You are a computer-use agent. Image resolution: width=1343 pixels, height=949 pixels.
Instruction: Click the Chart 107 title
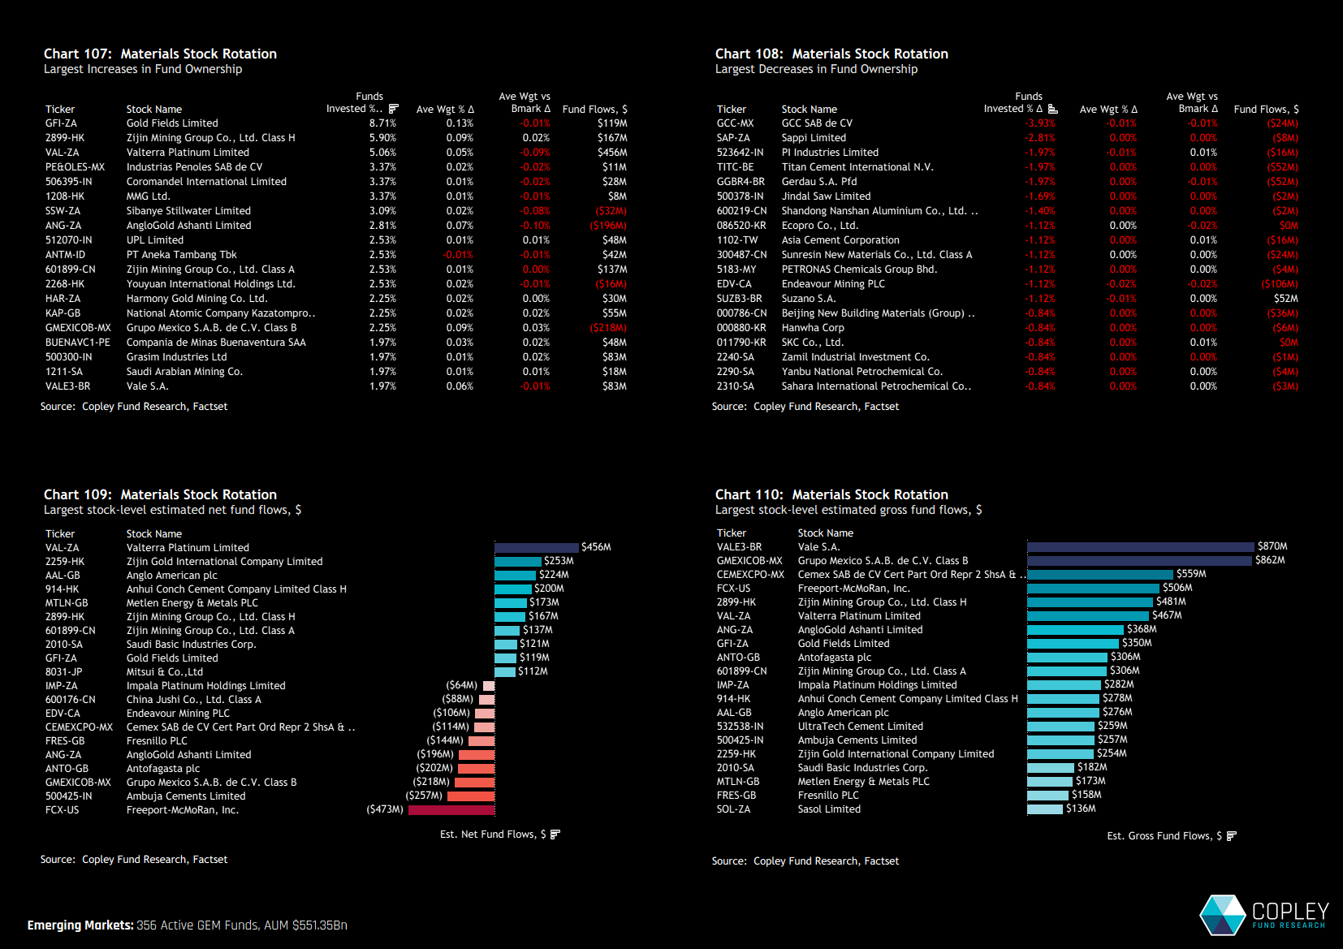click(160, 54)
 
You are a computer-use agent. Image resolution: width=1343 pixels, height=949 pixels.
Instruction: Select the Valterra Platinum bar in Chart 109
click(536, 548)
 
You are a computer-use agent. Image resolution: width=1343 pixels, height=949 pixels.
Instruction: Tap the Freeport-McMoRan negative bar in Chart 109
click(451, 809)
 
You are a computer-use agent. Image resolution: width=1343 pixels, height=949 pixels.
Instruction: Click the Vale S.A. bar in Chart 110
click(1140, 547)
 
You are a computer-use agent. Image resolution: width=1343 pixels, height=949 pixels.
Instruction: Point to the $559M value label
click(1191, 574)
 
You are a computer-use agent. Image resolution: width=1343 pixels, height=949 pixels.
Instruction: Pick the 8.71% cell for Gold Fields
click(382, 123)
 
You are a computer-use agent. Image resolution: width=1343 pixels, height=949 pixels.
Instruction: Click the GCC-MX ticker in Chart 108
click(735, 123)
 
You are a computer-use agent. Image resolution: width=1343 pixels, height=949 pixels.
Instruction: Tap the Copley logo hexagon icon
click(1222, 915)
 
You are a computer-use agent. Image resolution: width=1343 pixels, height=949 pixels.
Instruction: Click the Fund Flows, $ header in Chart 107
click(594, 109)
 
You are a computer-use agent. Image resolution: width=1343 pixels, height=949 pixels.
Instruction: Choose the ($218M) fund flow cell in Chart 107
click(608, 328)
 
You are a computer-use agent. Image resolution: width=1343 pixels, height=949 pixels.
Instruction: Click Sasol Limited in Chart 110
click(829, 809)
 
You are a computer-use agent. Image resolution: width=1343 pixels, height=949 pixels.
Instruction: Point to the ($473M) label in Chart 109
click(385, 809)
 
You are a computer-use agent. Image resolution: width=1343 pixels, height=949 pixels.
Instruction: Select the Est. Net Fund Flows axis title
click(493, 835)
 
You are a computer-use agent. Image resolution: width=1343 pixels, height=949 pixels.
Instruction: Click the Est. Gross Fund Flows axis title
click(1164, 836)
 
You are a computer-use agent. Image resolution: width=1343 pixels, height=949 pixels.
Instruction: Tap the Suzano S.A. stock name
click(808, 299)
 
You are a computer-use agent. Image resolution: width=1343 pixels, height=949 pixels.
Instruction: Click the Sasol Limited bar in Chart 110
click(1044, 809)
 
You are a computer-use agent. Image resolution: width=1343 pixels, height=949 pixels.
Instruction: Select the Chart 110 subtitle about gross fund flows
click(849, 510)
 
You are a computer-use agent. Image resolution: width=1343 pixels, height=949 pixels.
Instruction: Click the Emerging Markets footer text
click(187, 925)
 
